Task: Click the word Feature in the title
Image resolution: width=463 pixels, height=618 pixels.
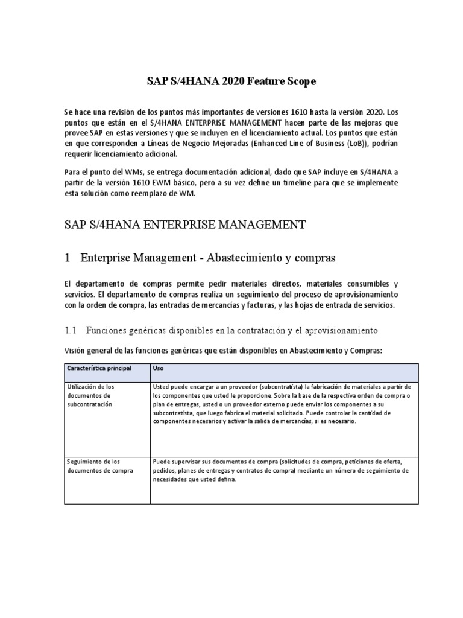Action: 259,81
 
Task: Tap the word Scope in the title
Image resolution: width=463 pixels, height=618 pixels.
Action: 299,81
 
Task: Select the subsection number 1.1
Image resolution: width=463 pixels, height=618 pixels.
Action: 71,330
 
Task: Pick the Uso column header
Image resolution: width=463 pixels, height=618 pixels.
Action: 159,368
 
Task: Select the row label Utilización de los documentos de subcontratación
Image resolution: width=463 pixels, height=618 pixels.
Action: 96,395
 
